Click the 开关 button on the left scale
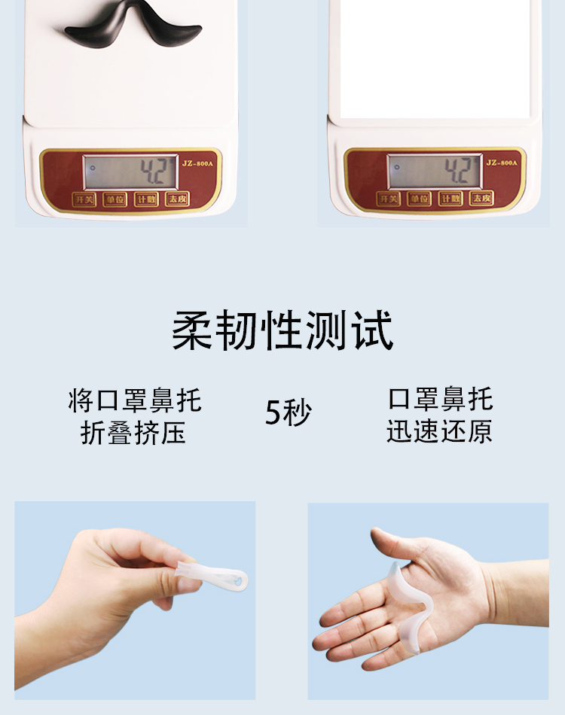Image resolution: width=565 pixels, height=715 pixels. (84, 199)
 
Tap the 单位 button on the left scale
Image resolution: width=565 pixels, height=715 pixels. (115, 199)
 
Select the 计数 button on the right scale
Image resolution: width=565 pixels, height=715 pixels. (450, 199)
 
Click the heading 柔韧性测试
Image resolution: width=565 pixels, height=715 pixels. (282, 331)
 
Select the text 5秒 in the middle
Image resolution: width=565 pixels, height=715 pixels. (288, 412)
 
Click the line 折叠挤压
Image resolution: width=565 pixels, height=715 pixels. (133, 434)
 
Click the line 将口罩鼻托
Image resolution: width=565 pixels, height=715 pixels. (134, 400)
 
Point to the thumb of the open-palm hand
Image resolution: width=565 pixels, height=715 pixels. (388, 543)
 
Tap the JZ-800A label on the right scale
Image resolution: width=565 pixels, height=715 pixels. (501, 161)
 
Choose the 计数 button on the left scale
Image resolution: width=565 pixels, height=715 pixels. (145, 199)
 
